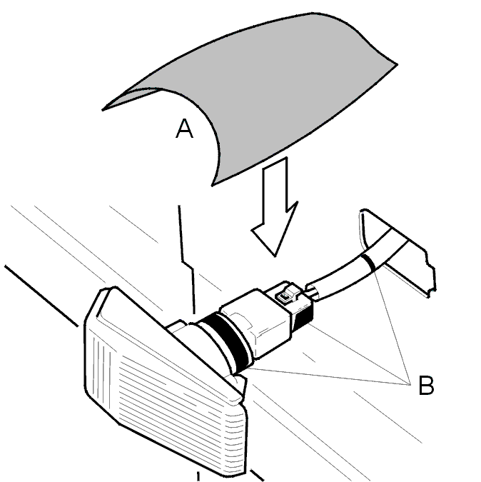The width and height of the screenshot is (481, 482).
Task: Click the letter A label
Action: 184,129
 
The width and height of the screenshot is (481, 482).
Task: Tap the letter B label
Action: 426,385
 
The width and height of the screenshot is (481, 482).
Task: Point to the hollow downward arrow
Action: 275,206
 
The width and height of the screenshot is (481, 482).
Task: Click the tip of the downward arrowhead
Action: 275,256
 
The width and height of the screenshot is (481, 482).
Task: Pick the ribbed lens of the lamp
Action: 166,387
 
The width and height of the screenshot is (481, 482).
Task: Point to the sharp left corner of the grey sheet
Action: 102,110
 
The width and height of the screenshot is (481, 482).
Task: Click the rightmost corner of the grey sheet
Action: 398,64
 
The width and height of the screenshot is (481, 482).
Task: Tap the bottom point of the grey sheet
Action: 212,186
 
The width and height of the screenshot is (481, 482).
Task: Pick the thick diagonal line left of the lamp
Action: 41,296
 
